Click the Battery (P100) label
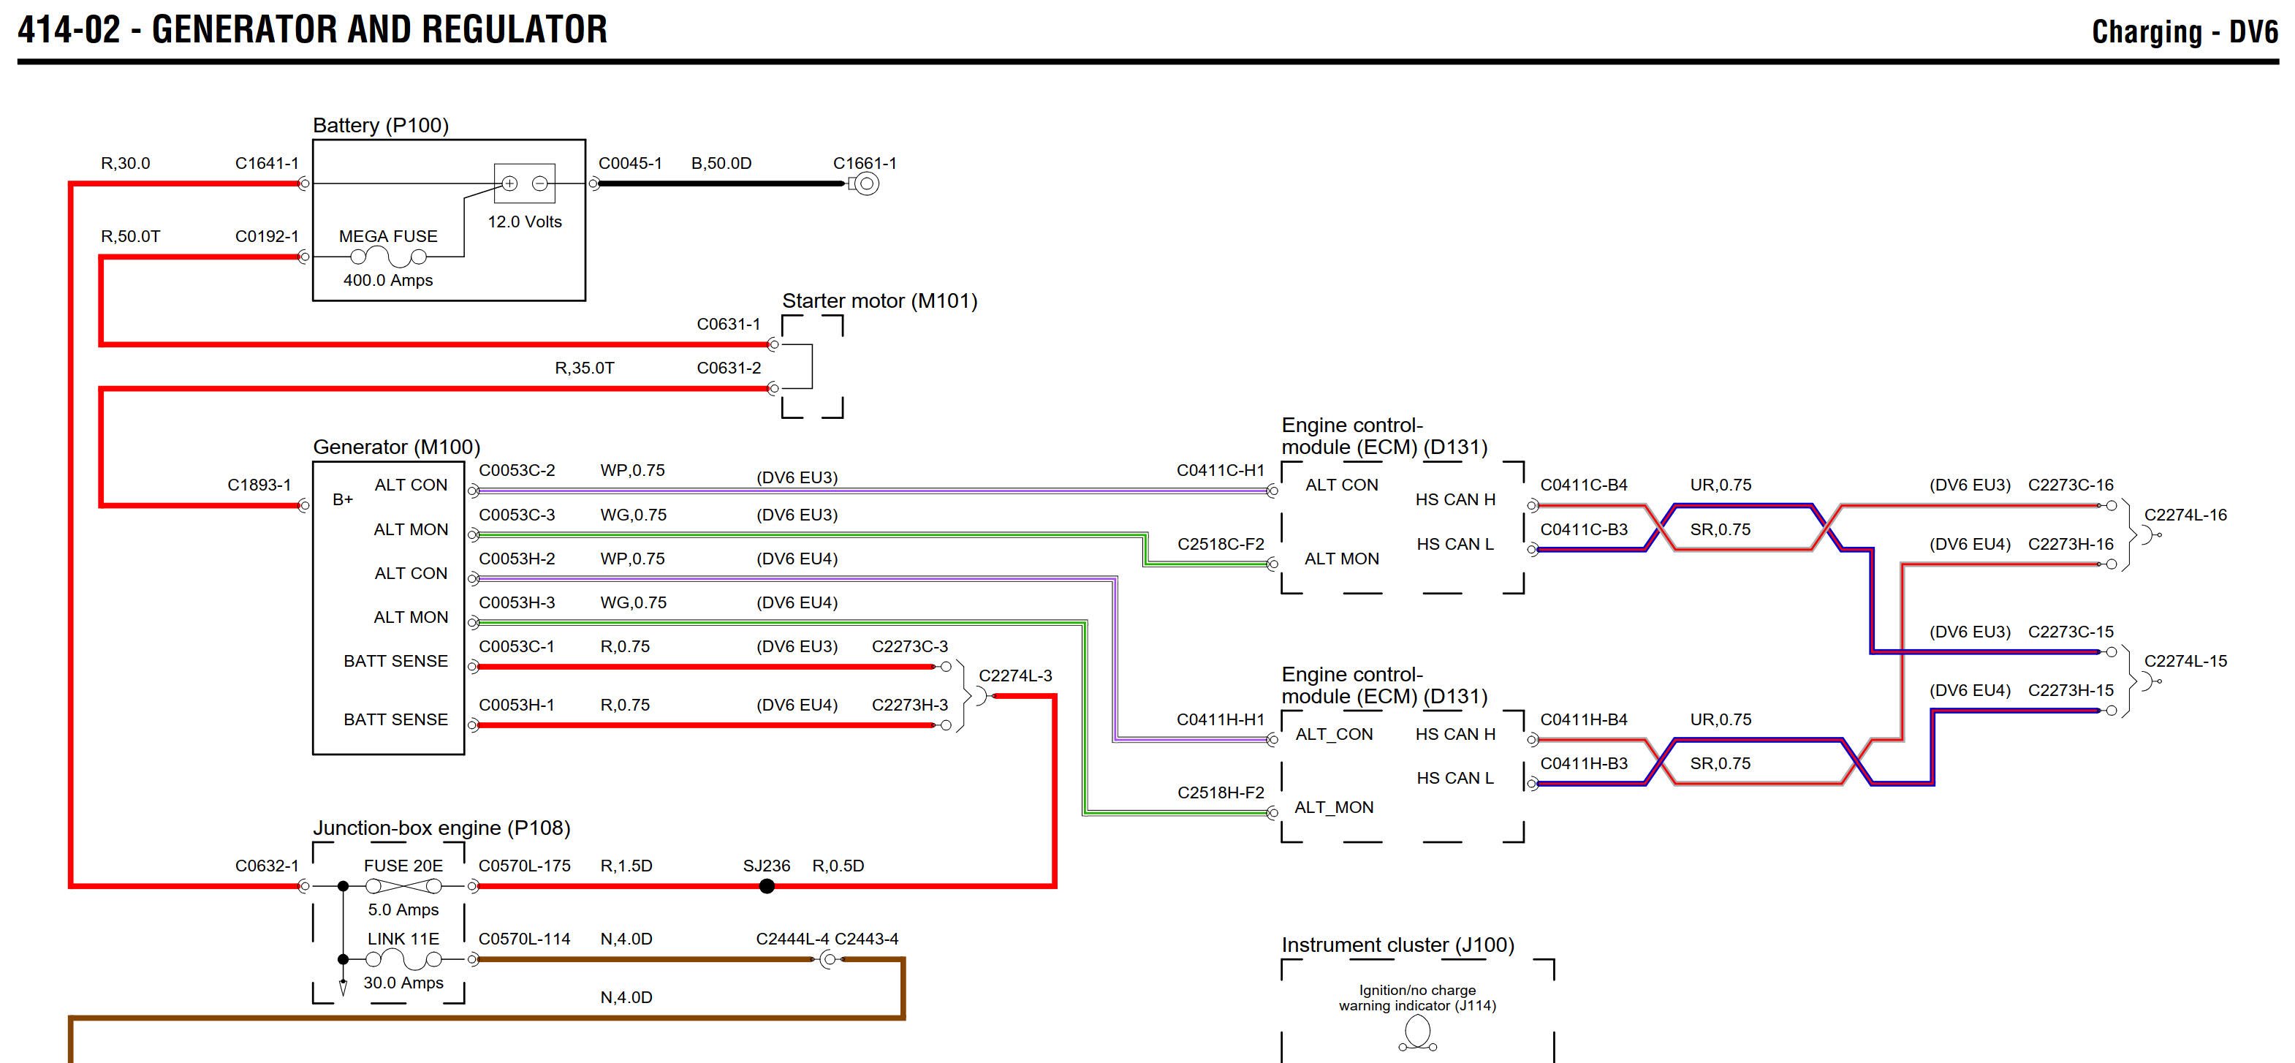[380, 126]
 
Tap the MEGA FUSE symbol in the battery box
[388, 257]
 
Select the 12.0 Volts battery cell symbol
[524, 184]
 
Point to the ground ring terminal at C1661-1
[866, 184]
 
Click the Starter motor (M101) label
[879, 301]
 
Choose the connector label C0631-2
[729, 368]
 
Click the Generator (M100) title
[396, 447]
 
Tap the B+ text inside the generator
[343, 500]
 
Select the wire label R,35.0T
[585, 368]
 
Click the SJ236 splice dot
[766, 885]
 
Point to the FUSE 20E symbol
[403, 885]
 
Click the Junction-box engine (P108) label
[441, 828]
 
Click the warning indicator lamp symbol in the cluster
[1416, 1034]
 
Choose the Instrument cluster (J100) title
[1397, 945]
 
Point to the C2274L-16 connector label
[2185, 515]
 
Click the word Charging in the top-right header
[2146, 33]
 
